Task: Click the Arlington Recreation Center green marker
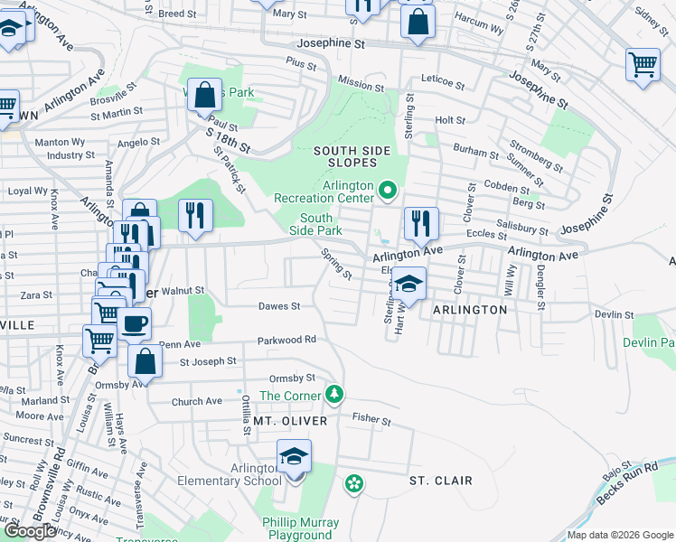coord(388,190)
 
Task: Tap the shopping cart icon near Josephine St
coord(642,64)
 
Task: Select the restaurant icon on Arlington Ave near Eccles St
coord(421,222)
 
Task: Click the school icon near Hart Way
coord(408,285)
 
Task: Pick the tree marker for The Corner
coord(334,394)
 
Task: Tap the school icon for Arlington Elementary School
coord(294,457)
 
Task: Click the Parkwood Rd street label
coord(286,340)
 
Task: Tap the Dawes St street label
coord(278,306)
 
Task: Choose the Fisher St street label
coord(371,420)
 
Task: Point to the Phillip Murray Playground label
coord(300,528)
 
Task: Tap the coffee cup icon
coord(135,323)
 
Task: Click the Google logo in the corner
coord(30,531)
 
